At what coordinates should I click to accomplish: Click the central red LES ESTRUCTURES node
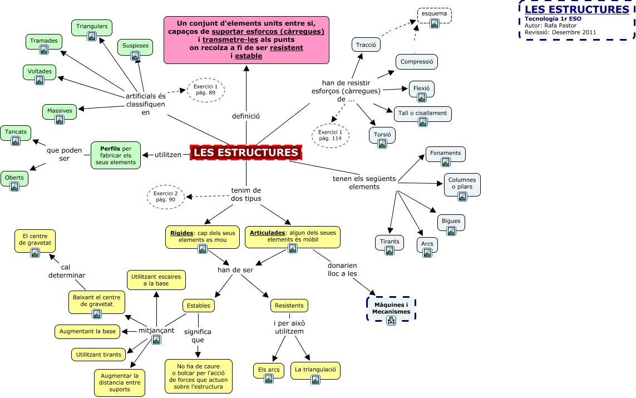pos(246,153)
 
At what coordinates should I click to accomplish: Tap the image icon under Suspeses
pos(135,55)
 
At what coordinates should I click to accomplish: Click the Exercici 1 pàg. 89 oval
pos(206,90)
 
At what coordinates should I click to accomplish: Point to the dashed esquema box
pos(435,16)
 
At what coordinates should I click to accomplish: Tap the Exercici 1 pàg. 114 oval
pos(331,135)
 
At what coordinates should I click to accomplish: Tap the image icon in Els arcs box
pos(269,379)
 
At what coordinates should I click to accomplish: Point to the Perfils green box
pos(116,155)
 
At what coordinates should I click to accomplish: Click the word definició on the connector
pos(246,116)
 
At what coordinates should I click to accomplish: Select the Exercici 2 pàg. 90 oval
pos(165,196)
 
